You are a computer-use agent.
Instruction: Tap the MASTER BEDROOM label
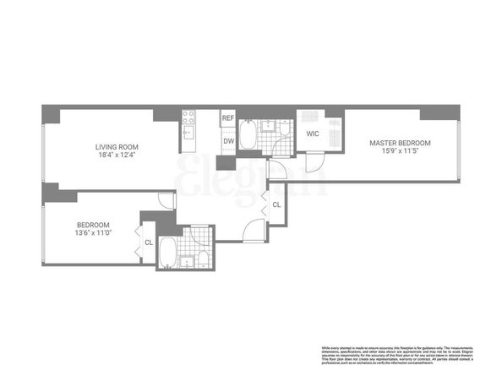pos(400,142)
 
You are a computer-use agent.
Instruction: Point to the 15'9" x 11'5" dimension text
pos(400,150)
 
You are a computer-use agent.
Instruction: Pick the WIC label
pos(312,134)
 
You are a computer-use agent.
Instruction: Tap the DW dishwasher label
pos(227,141)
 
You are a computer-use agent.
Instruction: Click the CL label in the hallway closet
pos(276,205)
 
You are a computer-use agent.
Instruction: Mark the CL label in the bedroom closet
pos(149,242)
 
